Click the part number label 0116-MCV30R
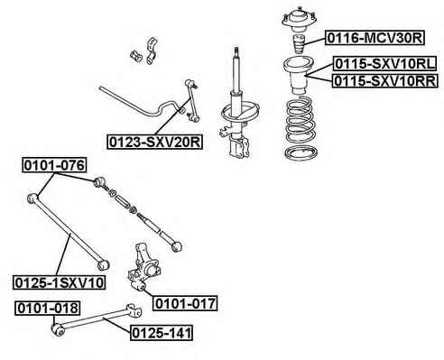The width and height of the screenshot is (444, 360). click(x=375, y=38)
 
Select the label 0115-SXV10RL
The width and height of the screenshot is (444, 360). click(x=384, y=64)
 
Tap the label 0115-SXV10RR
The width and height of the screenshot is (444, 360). click(x=384, y=80)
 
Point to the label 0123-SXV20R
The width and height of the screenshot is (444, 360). click(x=155, y=142)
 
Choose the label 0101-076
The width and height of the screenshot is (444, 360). click(x=54, y=165)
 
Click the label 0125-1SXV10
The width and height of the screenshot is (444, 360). click(x=60, y=282)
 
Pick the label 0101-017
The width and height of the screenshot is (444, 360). click(x=185, y=303)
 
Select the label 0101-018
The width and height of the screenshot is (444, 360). click(x=48, y=308)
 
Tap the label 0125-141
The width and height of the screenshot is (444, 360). click(x=162, y=333)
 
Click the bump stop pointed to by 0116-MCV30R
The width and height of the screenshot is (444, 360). click(x=299, y=44)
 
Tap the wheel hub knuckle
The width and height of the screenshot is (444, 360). click(x=143, y=267)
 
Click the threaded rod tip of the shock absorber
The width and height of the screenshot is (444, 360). click(x=236, y=51)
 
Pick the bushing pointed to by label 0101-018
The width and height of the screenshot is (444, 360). click(x=58, y=329)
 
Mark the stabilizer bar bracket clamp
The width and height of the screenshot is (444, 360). click(x=152, y=51)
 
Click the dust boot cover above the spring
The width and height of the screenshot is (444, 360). click(x=298, y=76)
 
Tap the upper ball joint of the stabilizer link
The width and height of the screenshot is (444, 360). click(x=190, y=83)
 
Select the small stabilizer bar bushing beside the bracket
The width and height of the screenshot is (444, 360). click(x=135, y=56)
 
